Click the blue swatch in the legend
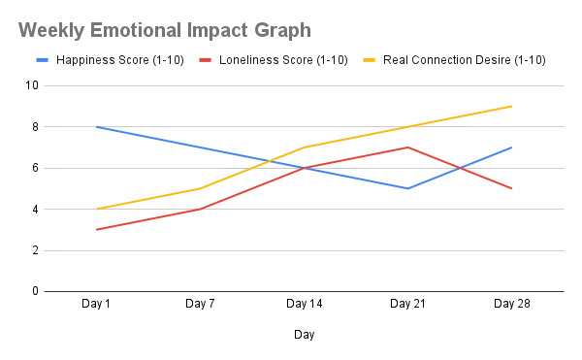[42, 60]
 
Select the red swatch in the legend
[204, 60]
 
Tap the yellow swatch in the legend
[369, 60]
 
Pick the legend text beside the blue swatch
[119, 61]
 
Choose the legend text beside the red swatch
[281, 61]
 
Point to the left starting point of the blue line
[95, 126]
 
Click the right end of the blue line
[514, 147]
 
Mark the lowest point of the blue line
[408, 188]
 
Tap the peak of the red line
[408, 147]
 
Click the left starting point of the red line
[95, 229]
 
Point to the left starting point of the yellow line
[95, 209]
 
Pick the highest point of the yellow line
[513, 105]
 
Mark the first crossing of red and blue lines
[308, 167]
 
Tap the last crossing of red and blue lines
[462, 168]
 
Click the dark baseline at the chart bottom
[302, 290]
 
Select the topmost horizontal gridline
[302, 89]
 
